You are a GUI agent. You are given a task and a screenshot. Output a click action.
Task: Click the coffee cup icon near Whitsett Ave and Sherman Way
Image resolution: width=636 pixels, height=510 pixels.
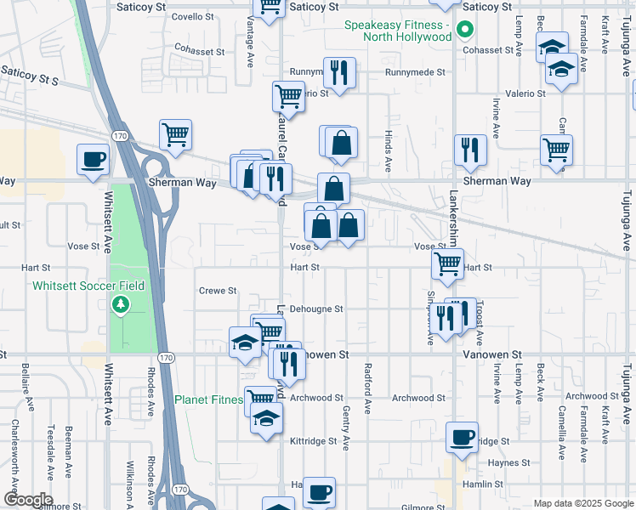click(x=94, y=158)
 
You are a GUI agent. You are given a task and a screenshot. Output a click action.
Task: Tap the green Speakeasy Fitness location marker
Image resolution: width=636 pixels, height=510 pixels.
click(x=464, y=31)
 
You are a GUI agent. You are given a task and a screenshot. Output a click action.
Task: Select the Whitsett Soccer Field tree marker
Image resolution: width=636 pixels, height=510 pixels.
click(x=120, y=303)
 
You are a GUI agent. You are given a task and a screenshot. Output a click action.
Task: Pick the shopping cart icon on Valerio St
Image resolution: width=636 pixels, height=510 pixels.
click(x=289, y=96)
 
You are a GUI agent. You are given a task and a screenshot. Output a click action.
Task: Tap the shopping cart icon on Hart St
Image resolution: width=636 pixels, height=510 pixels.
click(x=447, y=263)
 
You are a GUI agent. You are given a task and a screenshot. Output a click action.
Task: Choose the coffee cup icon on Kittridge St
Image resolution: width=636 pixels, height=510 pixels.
click(x=462, y=436)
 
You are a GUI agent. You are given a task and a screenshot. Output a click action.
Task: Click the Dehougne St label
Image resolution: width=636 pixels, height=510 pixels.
click(x=316, y=309)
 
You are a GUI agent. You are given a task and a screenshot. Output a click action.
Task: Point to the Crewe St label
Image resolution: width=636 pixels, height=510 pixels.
click(x=218, y=291)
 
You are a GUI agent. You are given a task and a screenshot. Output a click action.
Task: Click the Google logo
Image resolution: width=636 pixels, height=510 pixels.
click(x=27, y=500)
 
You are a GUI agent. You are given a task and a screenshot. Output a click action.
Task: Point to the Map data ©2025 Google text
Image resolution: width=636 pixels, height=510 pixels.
click(x=582, y=504)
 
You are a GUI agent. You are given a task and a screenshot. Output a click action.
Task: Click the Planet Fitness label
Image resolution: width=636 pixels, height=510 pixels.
click(x=207, y=399)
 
